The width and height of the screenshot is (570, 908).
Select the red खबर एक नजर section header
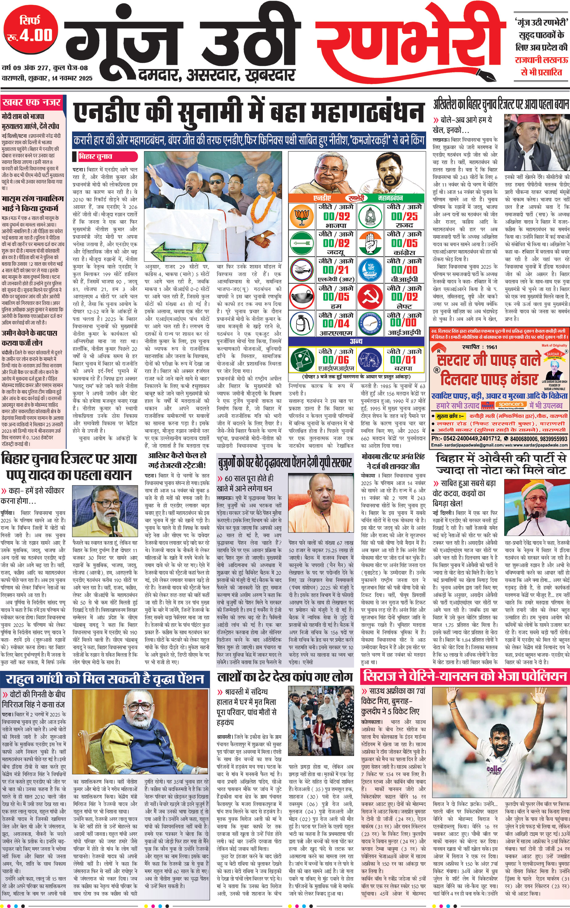(31, 102)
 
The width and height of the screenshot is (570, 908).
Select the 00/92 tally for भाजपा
(337, 217)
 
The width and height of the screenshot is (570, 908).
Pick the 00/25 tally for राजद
(404, 217)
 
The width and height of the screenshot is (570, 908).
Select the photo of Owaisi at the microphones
(536, 508)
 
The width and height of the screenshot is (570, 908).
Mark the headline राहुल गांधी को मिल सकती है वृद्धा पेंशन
(105, 678)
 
